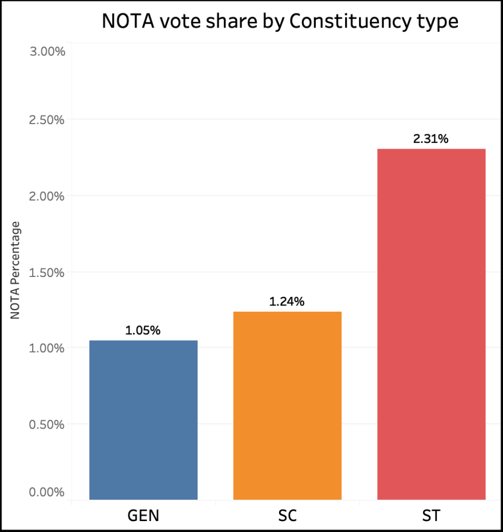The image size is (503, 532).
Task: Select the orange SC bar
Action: coord(287,405)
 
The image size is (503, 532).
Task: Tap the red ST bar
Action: coord(431,324)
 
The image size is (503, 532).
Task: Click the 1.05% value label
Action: coord(143,330)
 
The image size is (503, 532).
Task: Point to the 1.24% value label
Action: coord(287,301)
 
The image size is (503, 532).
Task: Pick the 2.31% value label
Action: coord(431,139)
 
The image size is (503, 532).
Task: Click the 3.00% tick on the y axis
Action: coord(46,52)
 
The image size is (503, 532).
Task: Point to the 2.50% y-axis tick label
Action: coord(46,120)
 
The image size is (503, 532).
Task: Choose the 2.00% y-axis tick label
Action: coord(46,196)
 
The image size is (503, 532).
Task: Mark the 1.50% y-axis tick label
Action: coord(46,272)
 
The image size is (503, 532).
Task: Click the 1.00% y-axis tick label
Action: coord(46,348)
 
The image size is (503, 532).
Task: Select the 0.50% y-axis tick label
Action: coord(46,424)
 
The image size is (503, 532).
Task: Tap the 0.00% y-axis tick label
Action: coord(46,492)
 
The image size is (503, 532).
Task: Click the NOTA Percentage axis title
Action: coord(16,270)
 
